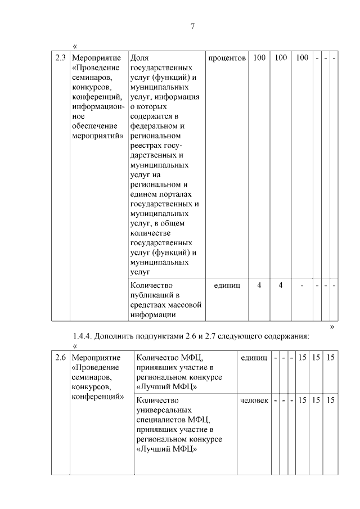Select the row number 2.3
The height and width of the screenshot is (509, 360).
coord(60,58)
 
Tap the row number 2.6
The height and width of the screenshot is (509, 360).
coord(60,358)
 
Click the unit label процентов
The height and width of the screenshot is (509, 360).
coord(227,58)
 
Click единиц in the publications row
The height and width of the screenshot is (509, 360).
coord(227,286)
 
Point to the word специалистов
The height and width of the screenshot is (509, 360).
coord(161,420)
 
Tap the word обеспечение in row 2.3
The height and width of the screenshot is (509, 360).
coord(94,126)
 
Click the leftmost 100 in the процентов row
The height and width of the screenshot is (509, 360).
coord(259,58)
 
